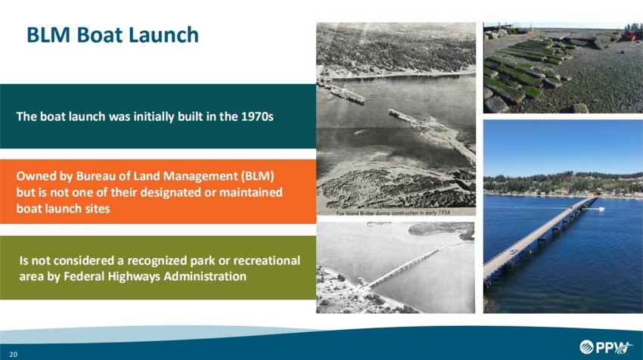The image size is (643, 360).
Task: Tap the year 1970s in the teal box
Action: pos(256,117)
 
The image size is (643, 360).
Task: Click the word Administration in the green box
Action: pos(197,276)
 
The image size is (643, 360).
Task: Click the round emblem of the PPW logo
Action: pos(588,347)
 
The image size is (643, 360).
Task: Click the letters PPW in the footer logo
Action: pos(614,347)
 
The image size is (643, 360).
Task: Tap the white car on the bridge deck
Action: pos(514,250)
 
